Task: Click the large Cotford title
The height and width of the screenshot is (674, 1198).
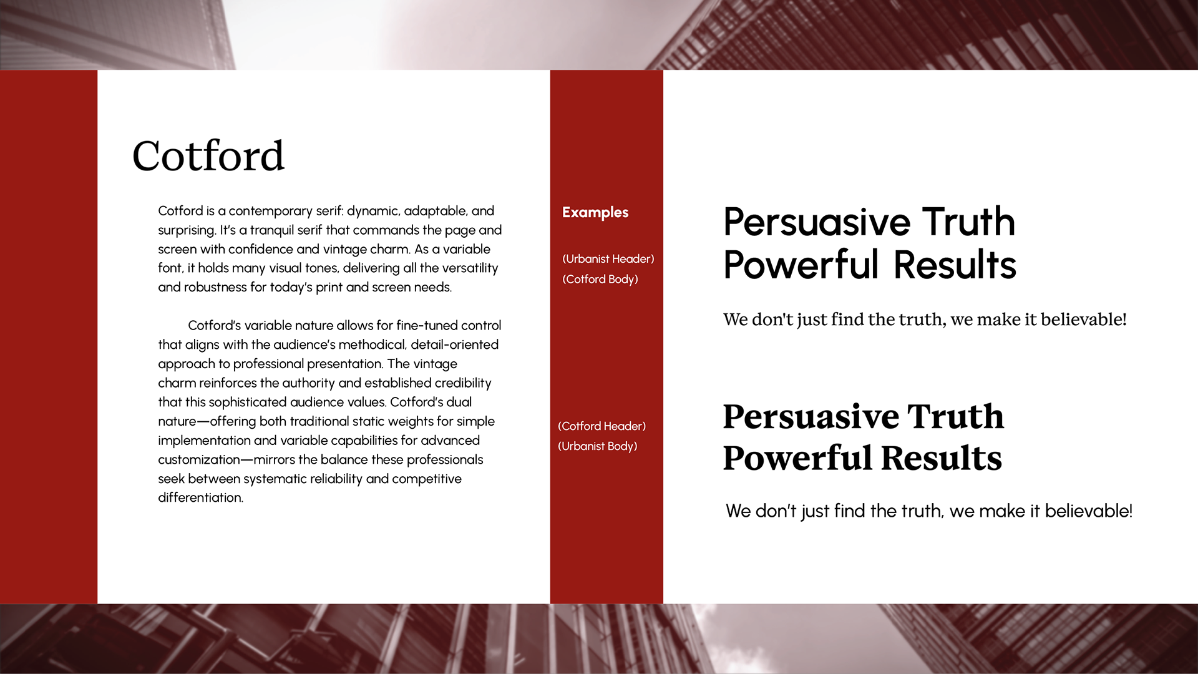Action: coord(208,156)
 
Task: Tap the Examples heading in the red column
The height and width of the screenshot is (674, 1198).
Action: coord(595,213)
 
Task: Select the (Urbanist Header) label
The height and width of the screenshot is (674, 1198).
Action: coord(608,259)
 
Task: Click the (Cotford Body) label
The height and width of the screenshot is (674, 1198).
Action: coord(600,280)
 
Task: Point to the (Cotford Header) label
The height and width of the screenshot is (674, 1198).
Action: coord(602,426)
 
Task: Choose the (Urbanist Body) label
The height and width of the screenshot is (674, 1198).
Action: coord(598,446)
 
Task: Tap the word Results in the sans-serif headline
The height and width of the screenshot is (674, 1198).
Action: coord(955,265)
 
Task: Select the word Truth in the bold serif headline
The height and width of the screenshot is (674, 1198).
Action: coord(955,416)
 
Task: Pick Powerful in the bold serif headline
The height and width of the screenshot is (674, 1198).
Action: coord(797,458)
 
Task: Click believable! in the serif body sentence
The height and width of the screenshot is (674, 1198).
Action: coord(1084,320)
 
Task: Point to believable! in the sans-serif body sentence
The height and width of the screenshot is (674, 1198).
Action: coord(1089,511)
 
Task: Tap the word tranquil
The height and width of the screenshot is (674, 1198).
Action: coord(271,230)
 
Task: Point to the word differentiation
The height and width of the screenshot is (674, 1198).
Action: coord(200,497)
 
